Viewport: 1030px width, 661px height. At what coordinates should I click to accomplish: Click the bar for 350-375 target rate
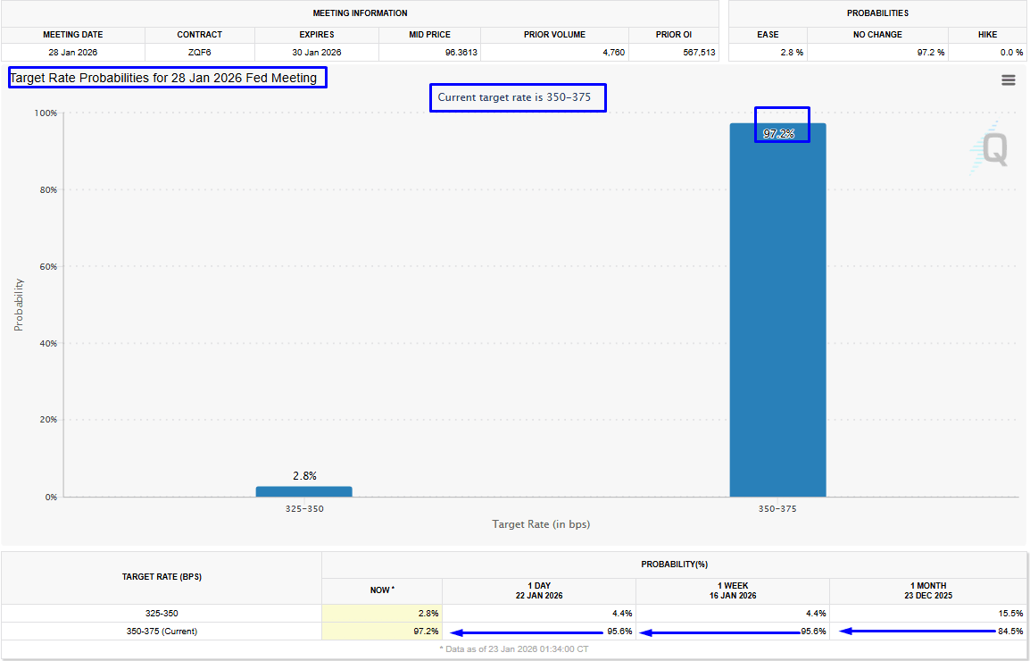777,313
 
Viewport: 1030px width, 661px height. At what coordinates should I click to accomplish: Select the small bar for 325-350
303,491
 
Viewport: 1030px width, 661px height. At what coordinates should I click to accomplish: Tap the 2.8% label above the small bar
304,476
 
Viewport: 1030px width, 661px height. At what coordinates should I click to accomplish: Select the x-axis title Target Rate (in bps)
541,524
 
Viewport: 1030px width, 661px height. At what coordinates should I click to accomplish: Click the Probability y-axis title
19,305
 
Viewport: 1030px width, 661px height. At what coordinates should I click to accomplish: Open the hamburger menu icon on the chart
1009,80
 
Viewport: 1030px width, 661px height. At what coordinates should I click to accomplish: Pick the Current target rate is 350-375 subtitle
518,96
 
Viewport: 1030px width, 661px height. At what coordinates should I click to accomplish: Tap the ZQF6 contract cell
199,53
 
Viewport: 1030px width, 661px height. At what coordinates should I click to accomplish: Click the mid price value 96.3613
461,53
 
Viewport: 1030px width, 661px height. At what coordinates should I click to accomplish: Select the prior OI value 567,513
697,53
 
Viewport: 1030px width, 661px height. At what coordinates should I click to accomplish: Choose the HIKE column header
986,35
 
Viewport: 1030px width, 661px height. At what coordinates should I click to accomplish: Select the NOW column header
382,590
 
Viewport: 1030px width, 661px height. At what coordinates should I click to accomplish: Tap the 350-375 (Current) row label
162,632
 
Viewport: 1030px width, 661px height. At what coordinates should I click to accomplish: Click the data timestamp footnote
513,648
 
